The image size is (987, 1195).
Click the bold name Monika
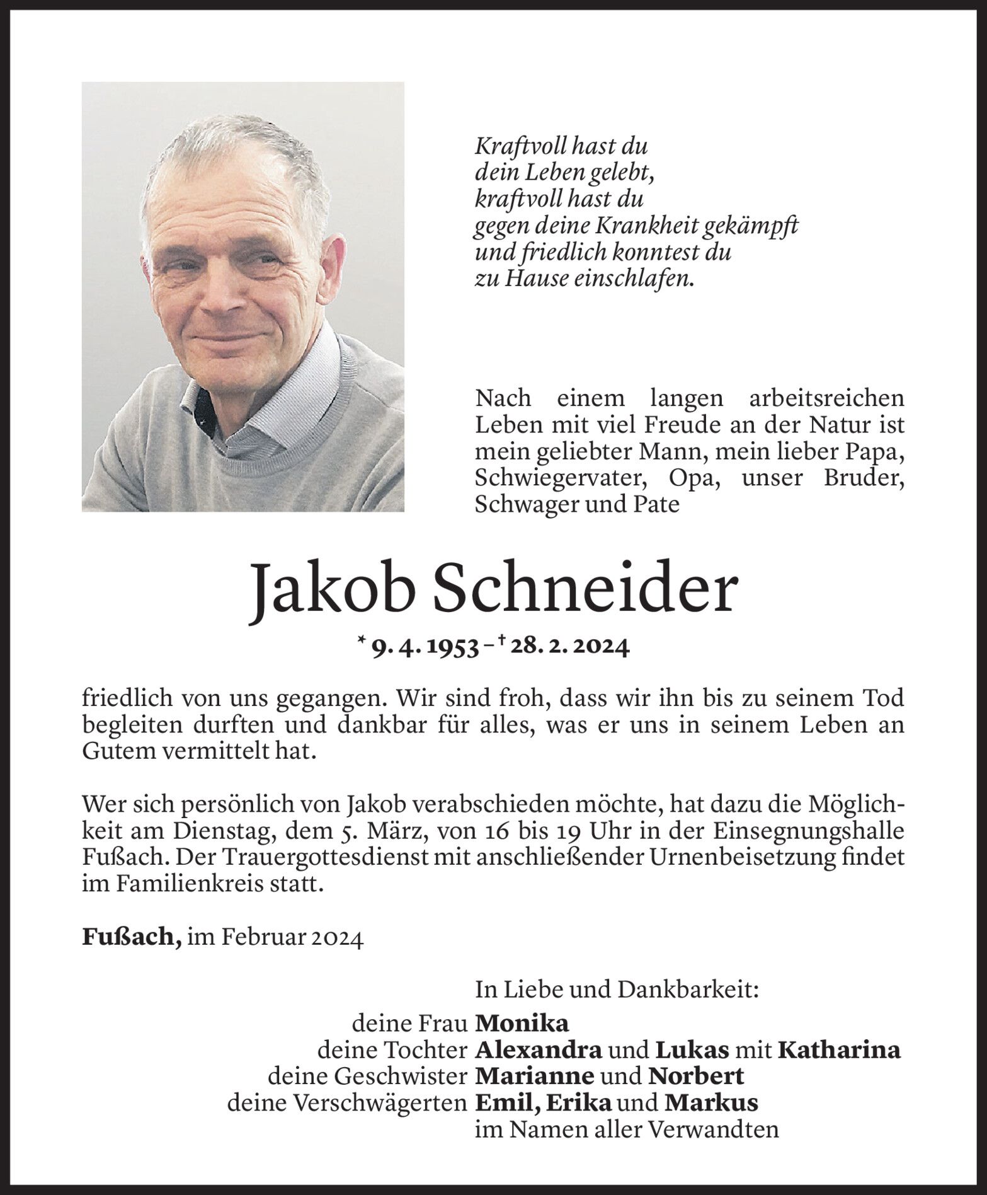(x=522, y=1022)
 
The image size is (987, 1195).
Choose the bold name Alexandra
(x=539, y=1049)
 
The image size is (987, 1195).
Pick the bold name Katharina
(x=839, y=1050)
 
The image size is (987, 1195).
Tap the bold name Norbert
(x=696, y=1075)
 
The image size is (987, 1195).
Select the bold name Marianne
(x=534, y=1075)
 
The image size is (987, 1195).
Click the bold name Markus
(x=711, y=1102)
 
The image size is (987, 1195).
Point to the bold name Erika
(x=579, y=1102)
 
